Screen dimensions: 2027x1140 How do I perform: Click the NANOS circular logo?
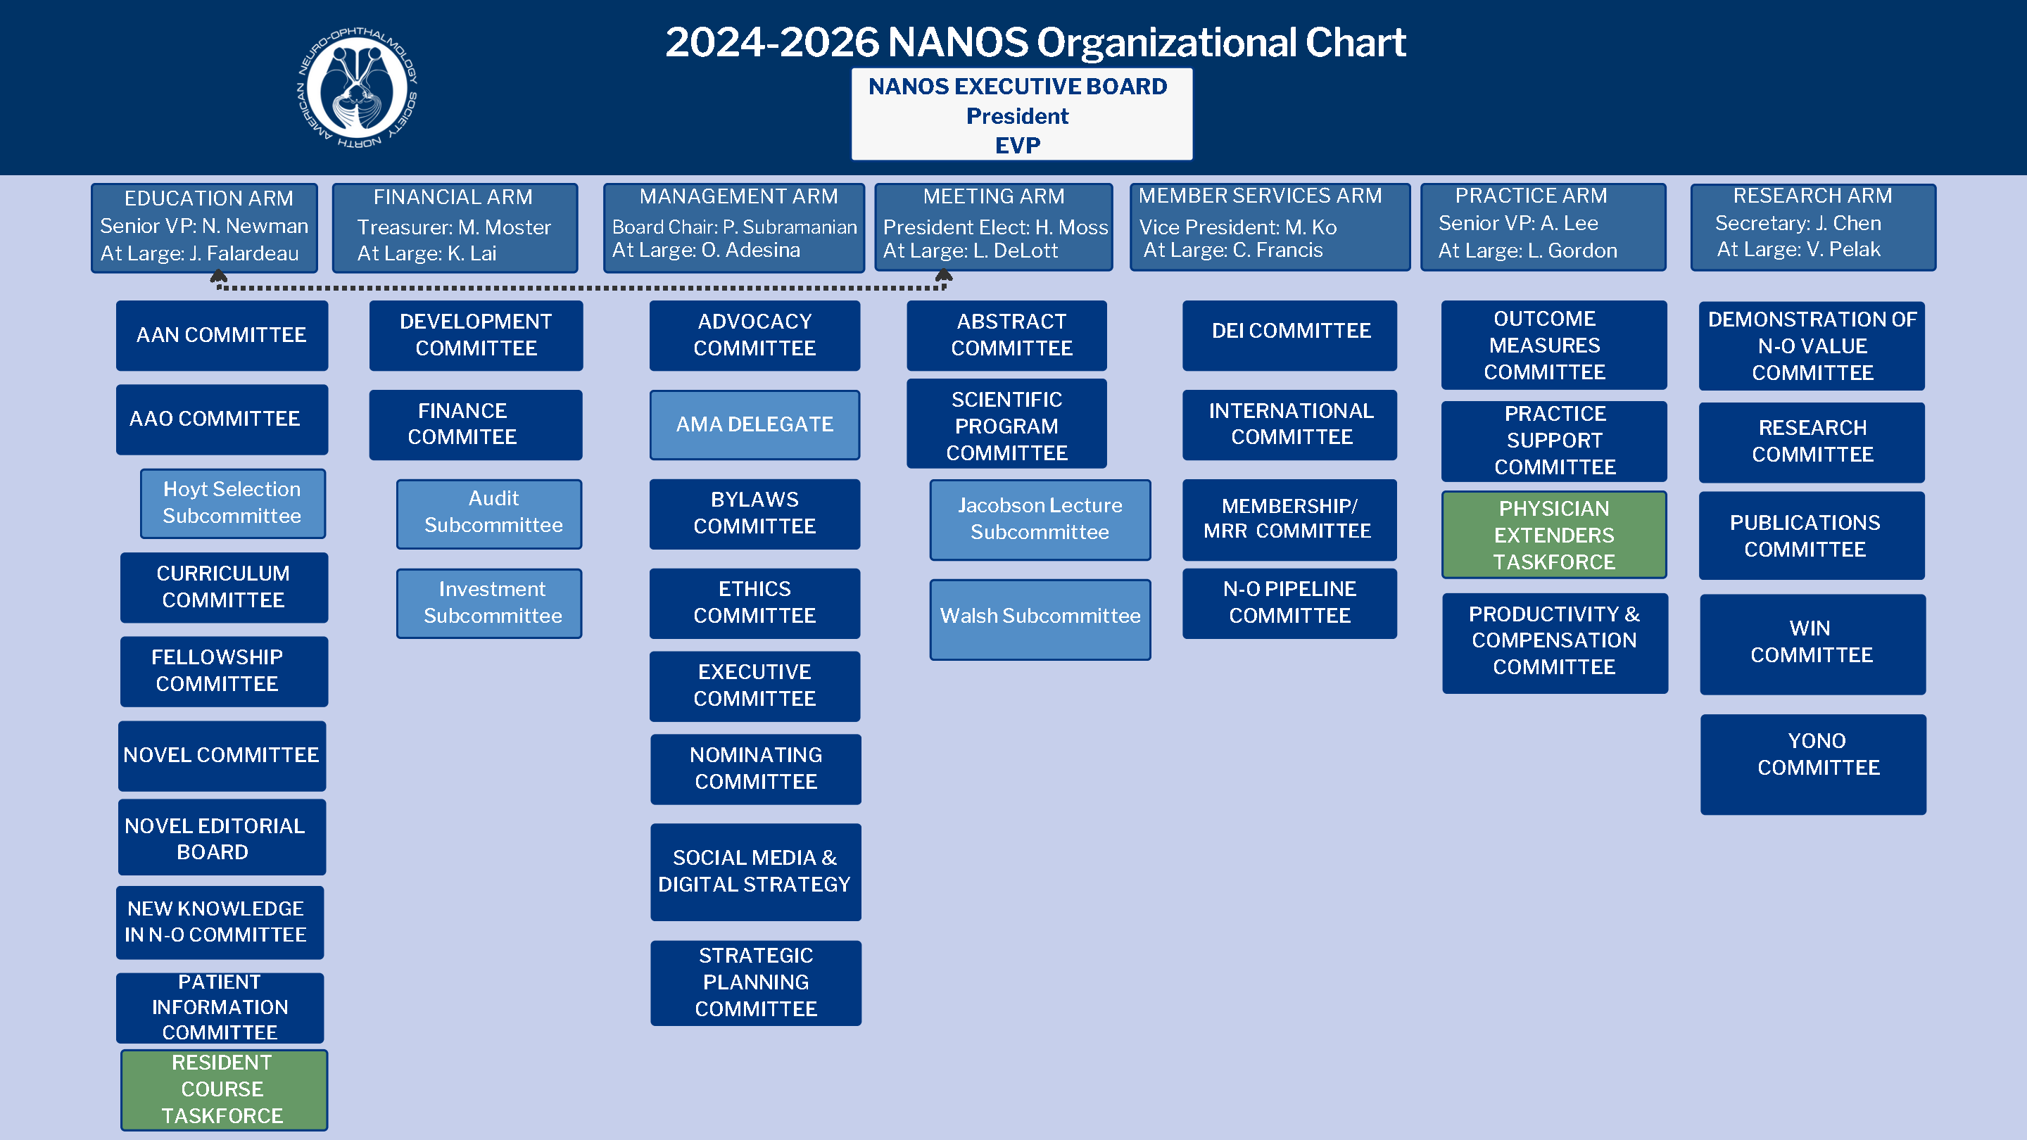tap(358, 87)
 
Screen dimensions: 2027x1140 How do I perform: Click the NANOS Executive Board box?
tap(1021, 114)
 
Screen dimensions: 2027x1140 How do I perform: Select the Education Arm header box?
tap(205, 227)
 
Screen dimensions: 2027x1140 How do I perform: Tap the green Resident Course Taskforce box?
tap(224, 1089)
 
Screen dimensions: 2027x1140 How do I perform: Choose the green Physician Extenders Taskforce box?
tap(1554, 535)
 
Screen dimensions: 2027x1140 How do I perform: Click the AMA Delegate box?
tap(754, 425)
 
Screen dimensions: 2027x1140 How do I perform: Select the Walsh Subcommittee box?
tap(1040, 620)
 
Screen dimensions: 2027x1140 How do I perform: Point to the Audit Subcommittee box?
tap(489, 514)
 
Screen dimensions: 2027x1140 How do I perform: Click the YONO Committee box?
tap(1813, 764)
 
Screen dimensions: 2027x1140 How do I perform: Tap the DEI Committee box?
tap(1289, 335)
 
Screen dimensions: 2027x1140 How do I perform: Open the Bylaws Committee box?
tap(754, 514)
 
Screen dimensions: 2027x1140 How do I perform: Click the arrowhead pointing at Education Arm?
tap(219, 275)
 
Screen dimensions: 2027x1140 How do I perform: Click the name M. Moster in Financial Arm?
tap(505, 227)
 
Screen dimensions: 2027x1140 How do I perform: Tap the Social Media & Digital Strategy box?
tap(755, 872)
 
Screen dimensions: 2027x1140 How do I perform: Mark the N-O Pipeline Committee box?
tap(1289, 604)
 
